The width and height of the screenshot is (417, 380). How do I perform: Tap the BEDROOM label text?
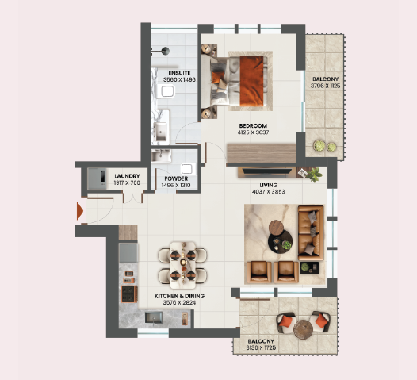coord(254,126)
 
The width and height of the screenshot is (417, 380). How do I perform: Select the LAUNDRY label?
coord(128,176)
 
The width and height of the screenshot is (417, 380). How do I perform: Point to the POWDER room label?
coord(176,178)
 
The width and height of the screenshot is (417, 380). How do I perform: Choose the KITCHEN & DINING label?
coord(179,295)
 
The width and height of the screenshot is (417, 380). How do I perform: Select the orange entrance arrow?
coord(79,211)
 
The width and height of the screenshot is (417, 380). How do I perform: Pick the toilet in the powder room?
coord(187,168)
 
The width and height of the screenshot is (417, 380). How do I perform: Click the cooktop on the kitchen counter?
coord(127,293)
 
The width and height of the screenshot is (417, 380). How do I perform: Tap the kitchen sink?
coord(155,317)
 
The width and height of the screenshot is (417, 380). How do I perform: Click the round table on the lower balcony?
coord(301,327)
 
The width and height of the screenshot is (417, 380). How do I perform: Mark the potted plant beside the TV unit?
coord(315,174)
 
